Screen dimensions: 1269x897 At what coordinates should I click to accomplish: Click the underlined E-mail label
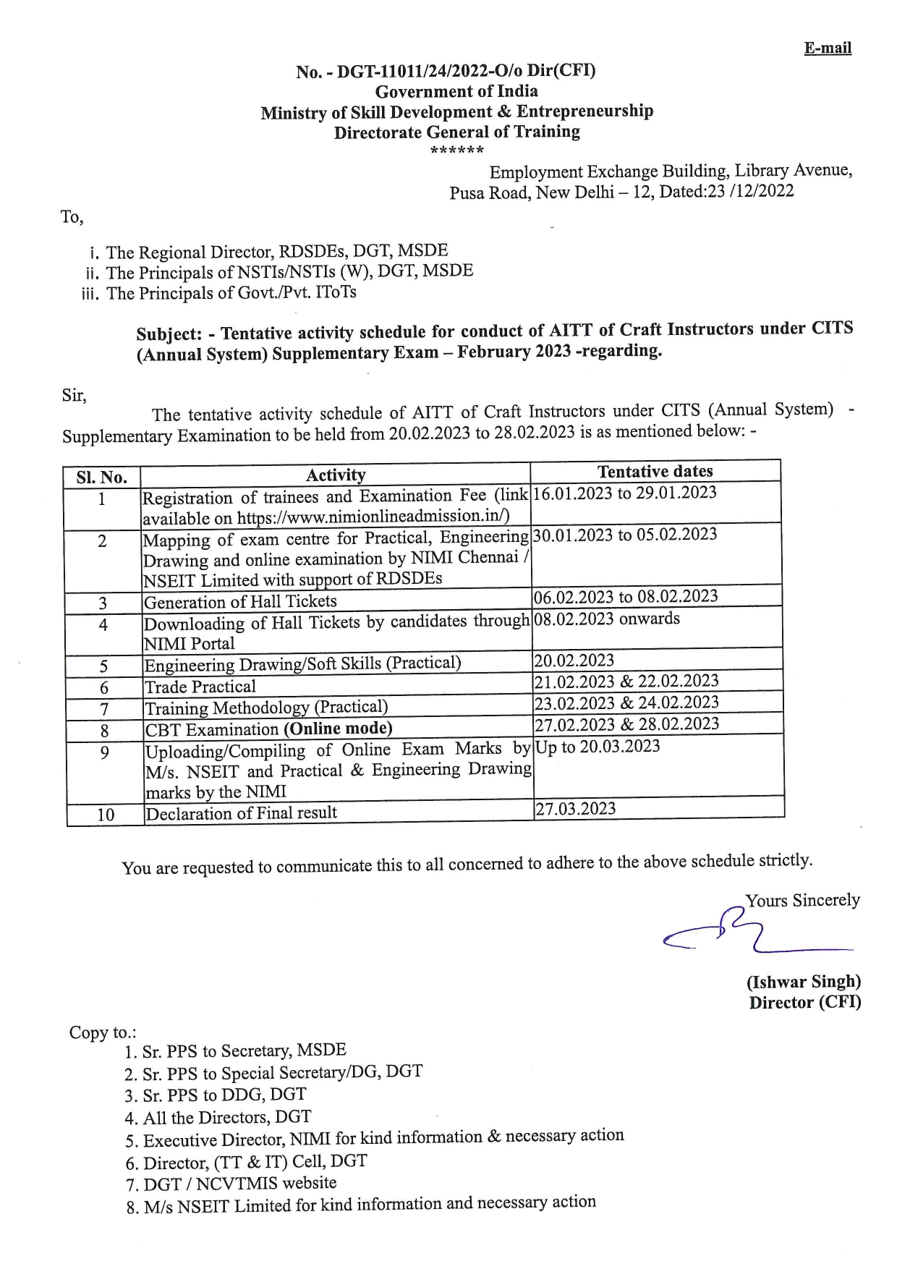pos(828,48)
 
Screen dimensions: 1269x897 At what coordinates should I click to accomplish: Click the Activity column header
pos(336,475)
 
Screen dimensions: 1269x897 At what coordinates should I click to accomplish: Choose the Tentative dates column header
pos(655,472)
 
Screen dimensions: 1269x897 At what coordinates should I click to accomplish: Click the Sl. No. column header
pos(102,478)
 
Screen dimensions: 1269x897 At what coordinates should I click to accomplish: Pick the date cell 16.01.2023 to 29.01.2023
pos(624,493)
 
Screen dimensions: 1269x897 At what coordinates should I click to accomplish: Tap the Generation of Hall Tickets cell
pos(241,602)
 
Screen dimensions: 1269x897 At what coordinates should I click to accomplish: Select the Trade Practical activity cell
pos(200,687)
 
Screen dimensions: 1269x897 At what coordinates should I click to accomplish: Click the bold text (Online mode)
pos(338,729)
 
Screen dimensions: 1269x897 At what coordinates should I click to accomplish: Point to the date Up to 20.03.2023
pos(598,747)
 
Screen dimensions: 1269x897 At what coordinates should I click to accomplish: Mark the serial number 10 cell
pos(106,815)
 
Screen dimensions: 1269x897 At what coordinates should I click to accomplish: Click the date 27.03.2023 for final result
pos(576,809)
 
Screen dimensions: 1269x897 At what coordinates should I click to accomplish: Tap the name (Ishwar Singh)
pos(804,982)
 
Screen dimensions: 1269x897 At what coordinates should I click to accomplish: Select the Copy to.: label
pos(103,1032)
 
